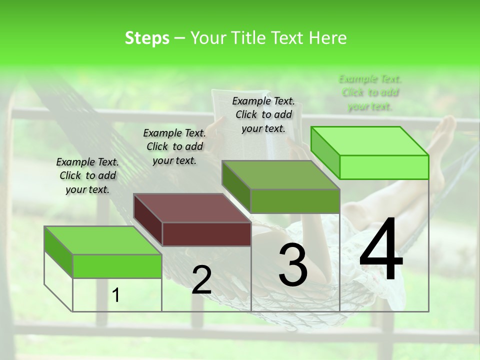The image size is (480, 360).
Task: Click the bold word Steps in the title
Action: (x=147, y=38)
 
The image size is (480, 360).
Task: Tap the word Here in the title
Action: (x=328, y=38)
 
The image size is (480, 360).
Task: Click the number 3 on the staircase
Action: (x=293, y=265)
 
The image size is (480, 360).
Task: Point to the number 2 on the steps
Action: (x=201, y=280)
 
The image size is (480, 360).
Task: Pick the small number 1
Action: (x=116, y=295)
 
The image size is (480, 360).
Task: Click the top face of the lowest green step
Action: (x=103, y=240)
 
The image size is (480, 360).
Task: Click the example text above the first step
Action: (x=87, y=175)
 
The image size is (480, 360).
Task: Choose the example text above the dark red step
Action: (x=174, y=146)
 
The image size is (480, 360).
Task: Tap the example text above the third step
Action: (x=263, y=114)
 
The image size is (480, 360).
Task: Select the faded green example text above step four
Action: (x=370, y=92)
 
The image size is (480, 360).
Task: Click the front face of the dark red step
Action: (x=206, y=234)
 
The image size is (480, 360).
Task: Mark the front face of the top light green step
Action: (x=384, y=167)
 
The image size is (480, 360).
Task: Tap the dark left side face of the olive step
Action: (x=236, y=187)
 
